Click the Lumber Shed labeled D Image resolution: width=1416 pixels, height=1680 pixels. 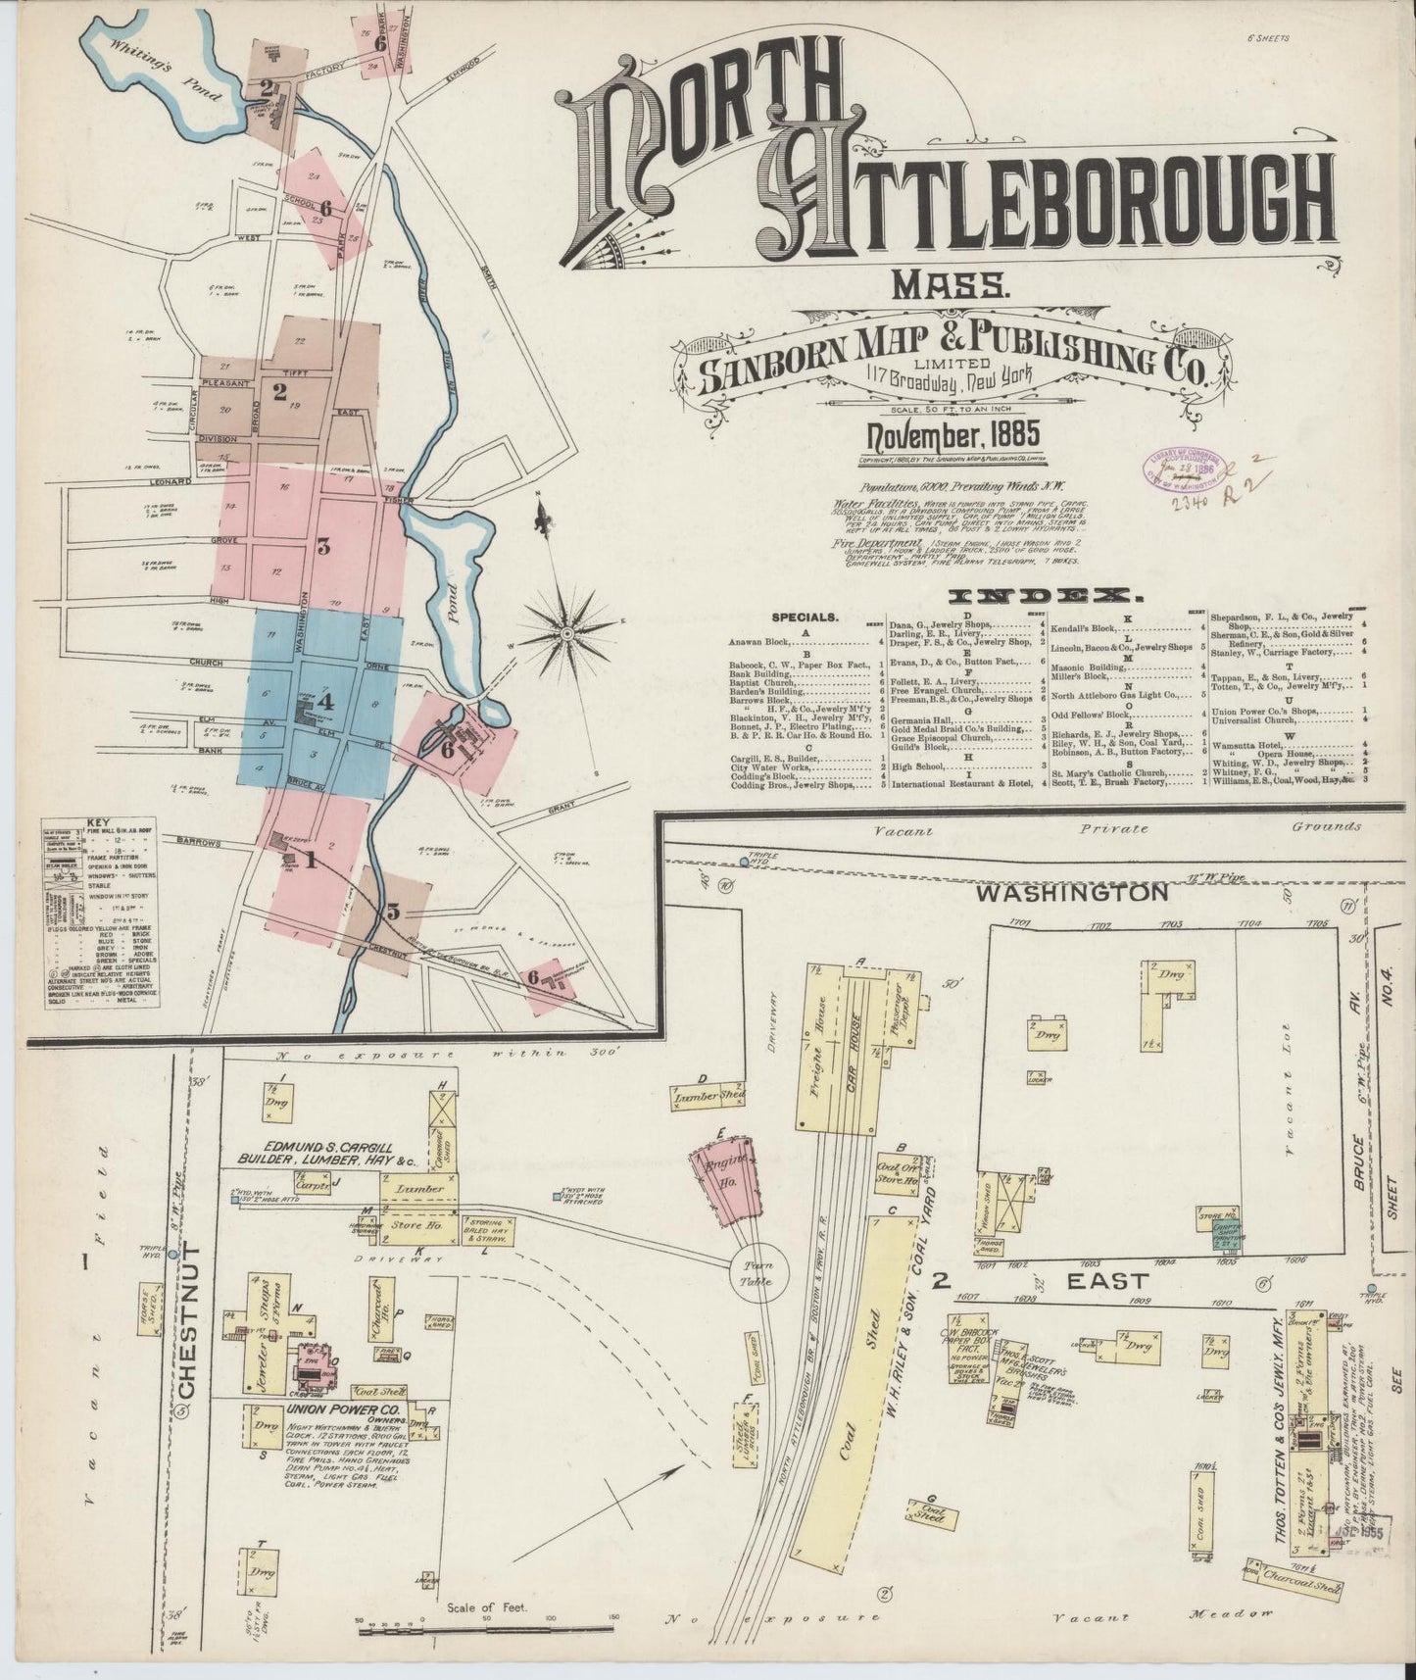pos(709,1097)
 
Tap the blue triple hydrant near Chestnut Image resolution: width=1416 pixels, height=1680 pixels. pos(173,1254)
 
